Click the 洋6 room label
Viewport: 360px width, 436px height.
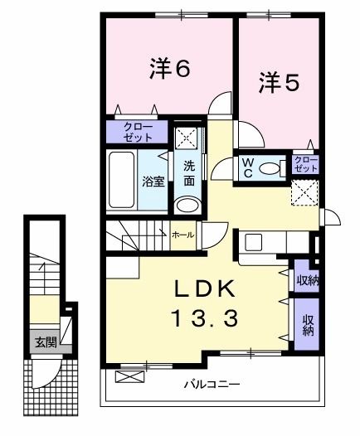coord(170,70)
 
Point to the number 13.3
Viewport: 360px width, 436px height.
coord(207,317)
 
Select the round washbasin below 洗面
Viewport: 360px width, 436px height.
coord(188,206)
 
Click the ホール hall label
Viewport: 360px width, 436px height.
coord(182,235)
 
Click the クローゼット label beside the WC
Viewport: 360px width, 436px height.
coord(306,163)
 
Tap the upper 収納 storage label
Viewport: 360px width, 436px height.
coord(305,279)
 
